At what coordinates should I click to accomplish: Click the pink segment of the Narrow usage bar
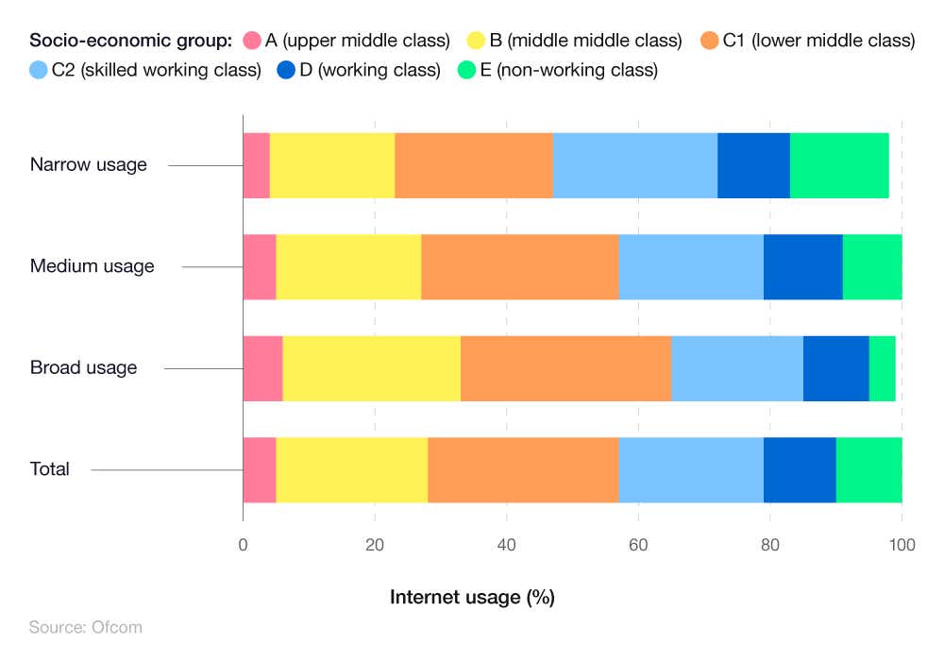coord(256,165)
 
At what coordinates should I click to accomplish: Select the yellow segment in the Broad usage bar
coord(372,368)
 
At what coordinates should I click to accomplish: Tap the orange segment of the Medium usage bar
coord(519,267)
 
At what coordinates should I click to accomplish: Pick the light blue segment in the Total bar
coord(691,470)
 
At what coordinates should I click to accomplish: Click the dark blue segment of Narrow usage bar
coord(753,165)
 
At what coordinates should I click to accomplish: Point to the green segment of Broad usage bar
coord(882,368)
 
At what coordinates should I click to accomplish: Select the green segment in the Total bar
coord(868,470)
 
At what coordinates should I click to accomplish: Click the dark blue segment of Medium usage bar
coord(802,267)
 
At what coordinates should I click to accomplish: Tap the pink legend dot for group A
coord(251,41)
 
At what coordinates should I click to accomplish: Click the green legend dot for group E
coord(466,71)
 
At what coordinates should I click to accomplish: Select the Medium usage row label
coord(92,266)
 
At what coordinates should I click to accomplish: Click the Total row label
coord(49,469)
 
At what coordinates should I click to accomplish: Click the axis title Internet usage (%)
coord(472,597)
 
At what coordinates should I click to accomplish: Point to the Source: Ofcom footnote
coord(85,627)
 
